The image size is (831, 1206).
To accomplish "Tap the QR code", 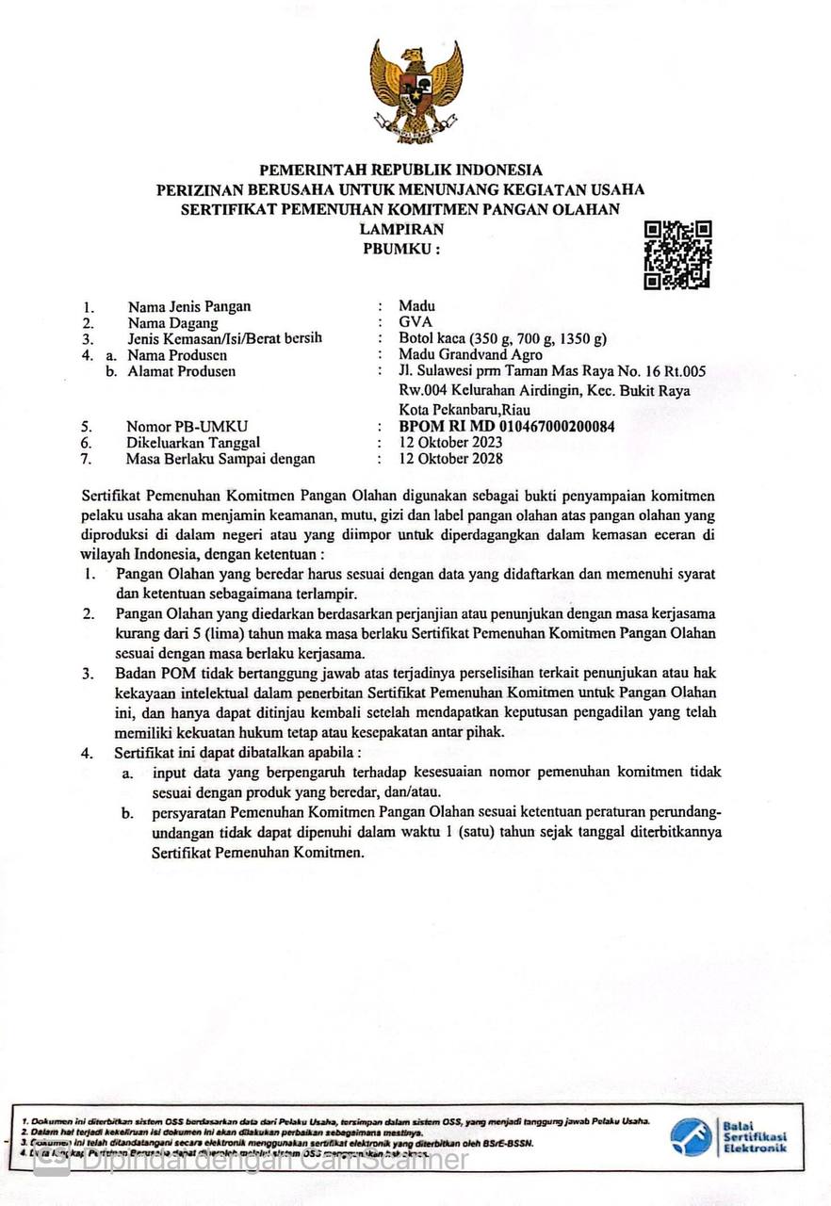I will tap(677, 254).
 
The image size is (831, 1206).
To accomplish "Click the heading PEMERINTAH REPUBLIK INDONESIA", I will tap(401, 171).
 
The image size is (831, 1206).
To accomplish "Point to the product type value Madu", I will tap(416, 305).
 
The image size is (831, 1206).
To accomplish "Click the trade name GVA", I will tap(415, 322).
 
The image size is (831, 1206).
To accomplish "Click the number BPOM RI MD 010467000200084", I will tap(507, 426).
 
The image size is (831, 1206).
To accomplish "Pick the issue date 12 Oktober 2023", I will tap(450, 443).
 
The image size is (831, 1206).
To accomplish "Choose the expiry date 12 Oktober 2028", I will tap(450, 459).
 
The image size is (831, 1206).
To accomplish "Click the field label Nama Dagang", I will tap(174, 322).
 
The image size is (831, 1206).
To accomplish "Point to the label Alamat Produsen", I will tap(183, 371).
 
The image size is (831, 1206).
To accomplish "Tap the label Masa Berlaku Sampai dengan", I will tap(220, 459).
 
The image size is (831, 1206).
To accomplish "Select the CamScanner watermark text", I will tap(273, 1160).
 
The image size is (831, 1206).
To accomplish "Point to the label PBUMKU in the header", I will tap(401, 249).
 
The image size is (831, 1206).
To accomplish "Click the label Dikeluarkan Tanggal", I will tap(192, 443).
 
